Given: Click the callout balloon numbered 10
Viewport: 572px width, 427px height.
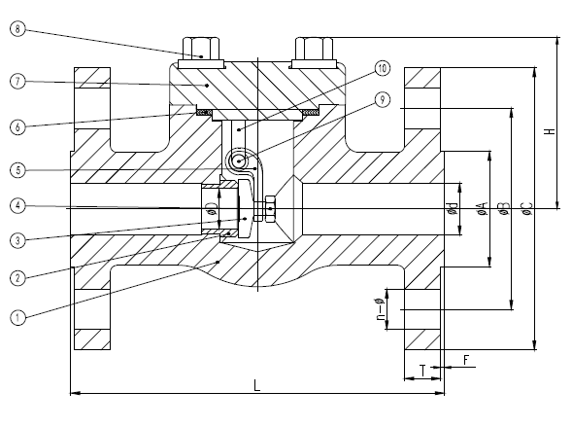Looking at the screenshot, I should coord(382,68).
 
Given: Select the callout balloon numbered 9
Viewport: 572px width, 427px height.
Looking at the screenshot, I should coord(382,98).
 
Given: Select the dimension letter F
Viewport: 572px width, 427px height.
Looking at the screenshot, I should coord(466,360).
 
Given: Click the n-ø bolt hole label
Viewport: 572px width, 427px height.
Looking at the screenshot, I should coord(379,313).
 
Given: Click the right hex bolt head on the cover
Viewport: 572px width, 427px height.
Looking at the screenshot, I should coord(315,50).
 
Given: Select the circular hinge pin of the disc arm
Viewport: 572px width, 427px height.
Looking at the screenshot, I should coord(238,161).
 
